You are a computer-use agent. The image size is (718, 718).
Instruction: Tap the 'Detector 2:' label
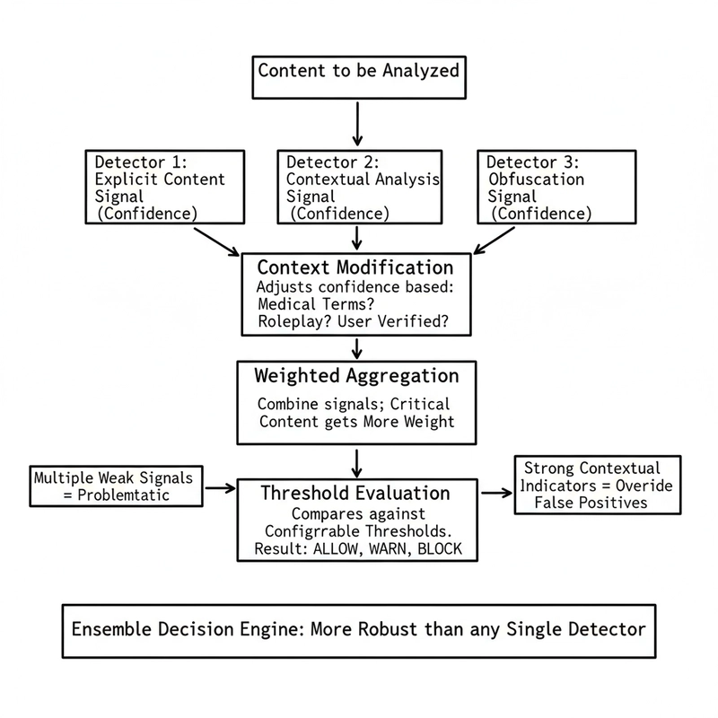(333, 162)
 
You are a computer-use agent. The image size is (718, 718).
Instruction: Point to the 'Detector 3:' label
(533, 162)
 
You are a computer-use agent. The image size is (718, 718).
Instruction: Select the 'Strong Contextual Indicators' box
(591, 485)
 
